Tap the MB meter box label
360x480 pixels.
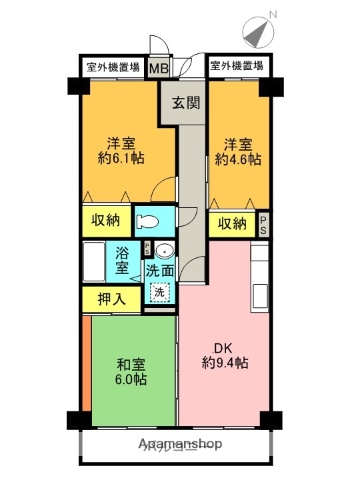point(158,68)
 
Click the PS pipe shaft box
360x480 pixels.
point(263,223)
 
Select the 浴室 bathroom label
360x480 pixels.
point(122,259)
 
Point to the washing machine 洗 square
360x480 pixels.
point(158,292)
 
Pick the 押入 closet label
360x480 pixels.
point(109,297)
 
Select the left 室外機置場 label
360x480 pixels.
point(111,67)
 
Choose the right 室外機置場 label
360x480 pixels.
point(236,67)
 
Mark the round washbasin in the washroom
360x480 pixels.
point(167,250)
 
